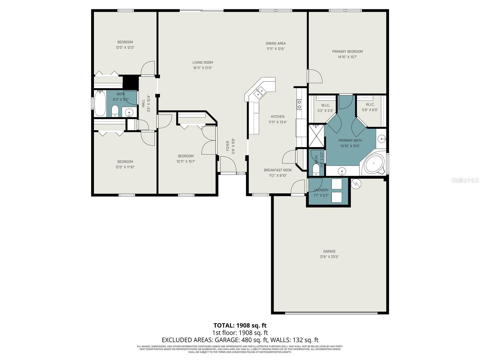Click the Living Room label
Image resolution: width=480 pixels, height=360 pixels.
202,63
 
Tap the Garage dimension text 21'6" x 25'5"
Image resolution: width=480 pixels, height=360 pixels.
329,257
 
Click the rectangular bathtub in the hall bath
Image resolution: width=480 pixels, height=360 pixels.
100,103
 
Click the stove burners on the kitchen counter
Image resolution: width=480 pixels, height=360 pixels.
299,104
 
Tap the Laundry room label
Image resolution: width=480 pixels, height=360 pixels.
321,190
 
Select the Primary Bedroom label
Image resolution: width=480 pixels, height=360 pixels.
347,52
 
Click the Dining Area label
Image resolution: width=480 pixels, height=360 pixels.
275,43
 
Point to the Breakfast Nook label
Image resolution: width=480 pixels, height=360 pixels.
277,170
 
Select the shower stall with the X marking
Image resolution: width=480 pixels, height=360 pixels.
316,136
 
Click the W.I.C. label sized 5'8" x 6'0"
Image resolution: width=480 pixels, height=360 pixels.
370,105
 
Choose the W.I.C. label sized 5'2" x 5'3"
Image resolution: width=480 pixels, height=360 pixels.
325,105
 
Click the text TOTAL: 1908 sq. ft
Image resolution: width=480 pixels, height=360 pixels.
240,325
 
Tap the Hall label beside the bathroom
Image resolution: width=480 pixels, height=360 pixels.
143,103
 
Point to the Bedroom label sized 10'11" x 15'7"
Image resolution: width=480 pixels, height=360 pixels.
186,156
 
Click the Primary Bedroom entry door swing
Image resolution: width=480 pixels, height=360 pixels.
315,76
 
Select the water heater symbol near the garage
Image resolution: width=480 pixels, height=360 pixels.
356,184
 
